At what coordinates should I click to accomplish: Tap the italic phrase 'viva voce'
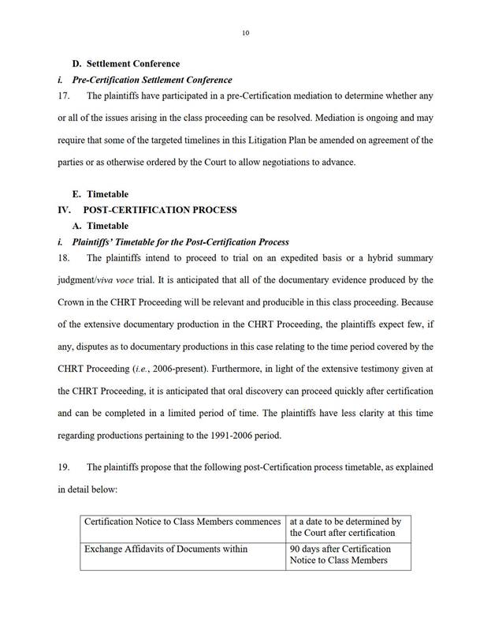click(x=136, y=280)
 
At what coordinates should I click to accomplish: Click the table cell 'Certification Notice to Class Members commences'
click(x=182, y=522)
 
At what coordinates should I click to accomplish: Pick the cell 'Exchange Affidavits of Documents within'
click(x=166, y=549)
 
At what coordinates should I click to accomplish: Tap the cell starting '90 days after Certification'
click(x=340, y=554)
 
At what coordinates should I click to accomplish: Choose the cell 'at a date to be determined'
click(x=346, y=527)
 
